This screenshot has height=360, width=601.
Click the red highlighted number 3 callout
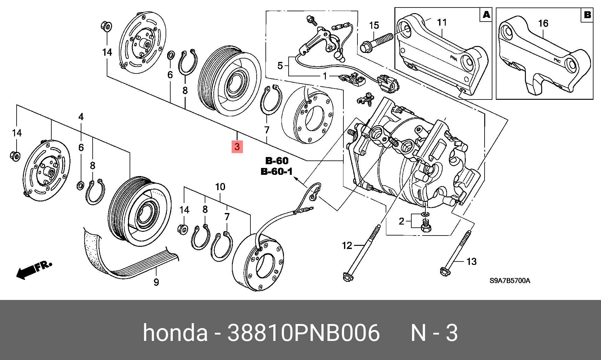pyautogui.click(x=237, y=146)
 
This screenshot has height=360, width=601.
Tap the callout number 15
pyautogui.click(x=374, y=25)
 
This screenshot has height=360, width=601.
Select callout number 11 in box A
pyautogui.click(x=442, y=23)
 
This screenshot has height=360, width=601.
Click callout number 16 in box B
pyautogui.click(x=543, y=23)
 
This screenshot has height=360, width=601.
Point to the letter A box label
pyautogui.click(x=486, y=15)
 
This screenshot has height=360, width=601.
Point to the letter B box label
pyautogui.click(x=587, y=15)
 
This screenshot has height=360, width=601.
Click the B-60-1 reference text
pyautogui.click(x=277, y=171)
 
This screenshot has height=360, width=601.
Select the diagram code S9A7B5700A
pyautogui.click(x=510, y=281)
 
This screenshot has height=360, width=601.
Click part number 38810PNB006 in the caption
pyautogui.click(x=303, y=333)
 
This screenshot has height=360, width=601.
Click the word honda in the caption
pyautogui.click(x=175, y=333)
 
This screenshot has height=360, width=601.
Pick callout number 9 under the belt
pyautogui.click(x=156, y=282)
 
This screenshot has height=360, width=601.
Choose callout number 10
pyautogui.click(x=220, y=187)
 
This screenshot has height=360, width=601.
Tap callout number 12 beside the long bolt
pyautogui.click(x=347, y=246)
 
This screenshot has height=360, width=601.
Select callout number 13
pyautogui.click(x=471, y=261)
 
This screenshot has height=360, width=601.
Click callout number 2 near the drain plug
pyautogui.click(x=402, y=221)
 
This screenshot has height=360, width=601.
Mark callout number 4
pyautogui.click(x=81, y=117)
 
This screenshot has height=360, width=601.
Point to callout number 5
pyautogui.click(x=280, y=66)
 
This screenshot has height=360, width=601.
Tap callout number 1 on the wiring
pyautogui.click(x=325, y=76)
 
